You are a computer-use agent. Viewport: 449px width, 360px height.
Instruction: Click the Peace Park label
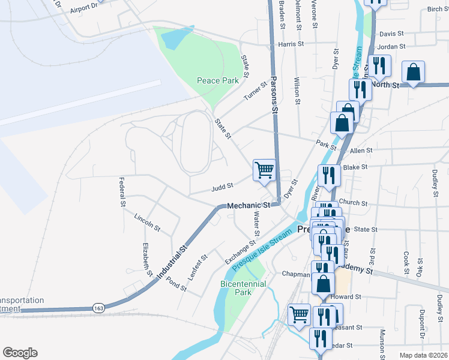(217, 80)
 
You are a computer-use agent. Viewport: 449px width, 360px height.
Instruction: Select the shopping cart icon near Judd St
(264, 170)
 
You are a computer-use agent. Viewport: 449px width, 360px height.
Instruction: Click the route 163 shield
(99, 308)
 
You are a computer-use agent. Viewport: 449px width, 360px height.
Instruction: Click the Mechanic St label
(249, 206)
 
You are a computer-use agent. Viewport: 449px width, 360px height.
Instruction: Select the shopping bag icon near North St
(414, 72)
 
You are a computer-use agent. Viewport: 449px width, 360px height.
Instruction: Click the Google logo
(20, 353)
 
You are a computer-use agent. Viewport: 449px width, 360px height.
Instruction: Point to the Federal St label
(122, 192)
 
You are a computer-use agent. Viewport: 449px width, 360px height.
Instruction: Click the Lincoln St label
(147, 222)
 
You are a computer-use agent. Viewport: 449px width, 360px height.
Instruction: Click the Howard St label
(348, 296)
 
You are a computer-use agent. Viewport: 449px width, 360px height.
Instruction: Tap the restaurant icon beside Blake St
(329, 175)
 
